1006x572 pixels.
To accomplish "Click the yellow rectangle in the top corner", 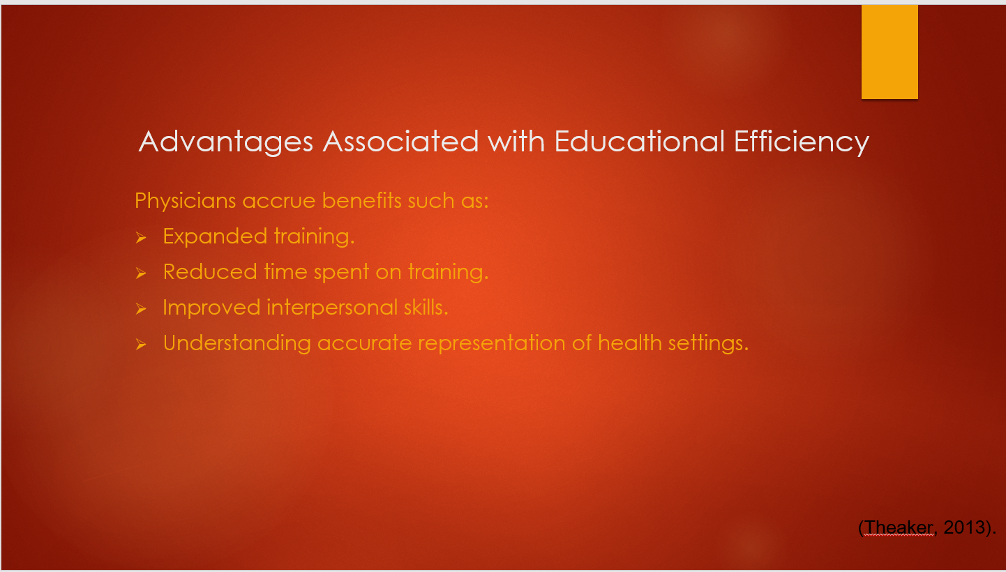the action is tap(889, 52).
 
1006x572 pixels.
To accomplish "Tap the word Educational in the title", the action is tap(640, 141).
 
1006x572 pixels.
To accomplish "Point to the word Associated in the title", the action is tap(401, 142).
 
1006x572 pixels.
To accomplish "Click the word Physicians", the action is tap(185, 201).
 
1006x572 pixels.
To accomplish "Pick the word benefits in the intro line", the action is tap(362, 200).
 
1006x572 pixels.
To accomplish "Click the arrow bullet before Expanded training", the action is tap(141, 237).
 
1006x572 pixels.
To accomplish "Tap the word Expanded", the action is tap(215, 236).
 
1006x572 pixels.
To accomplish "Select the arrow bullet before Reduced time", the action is tap(141, 273).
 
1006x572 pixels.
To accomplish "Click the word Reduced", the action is tap(210, 271).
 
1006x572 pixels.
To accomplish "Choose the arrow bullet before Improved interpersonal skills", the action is tap(141, 308).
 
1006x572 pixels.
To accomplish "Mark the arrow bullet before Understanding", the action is tap(141, 344).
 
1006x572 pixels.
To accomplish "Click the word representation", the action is tap(492, 344).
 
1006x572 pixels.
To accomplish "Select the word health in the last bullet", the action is tap(630, 343).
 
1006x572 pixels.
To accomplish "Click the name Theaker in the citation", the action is tap(899, 527).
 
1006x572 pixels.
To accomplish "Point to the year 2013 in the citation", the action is tap(963, 527).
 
